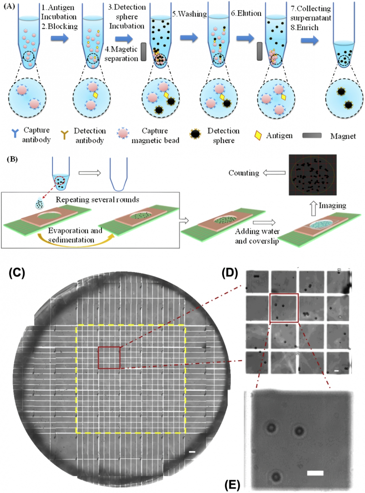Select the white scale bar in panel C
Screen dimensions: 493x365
point(192,452)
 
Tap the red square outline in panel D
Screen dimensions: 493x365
point(284,308)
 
